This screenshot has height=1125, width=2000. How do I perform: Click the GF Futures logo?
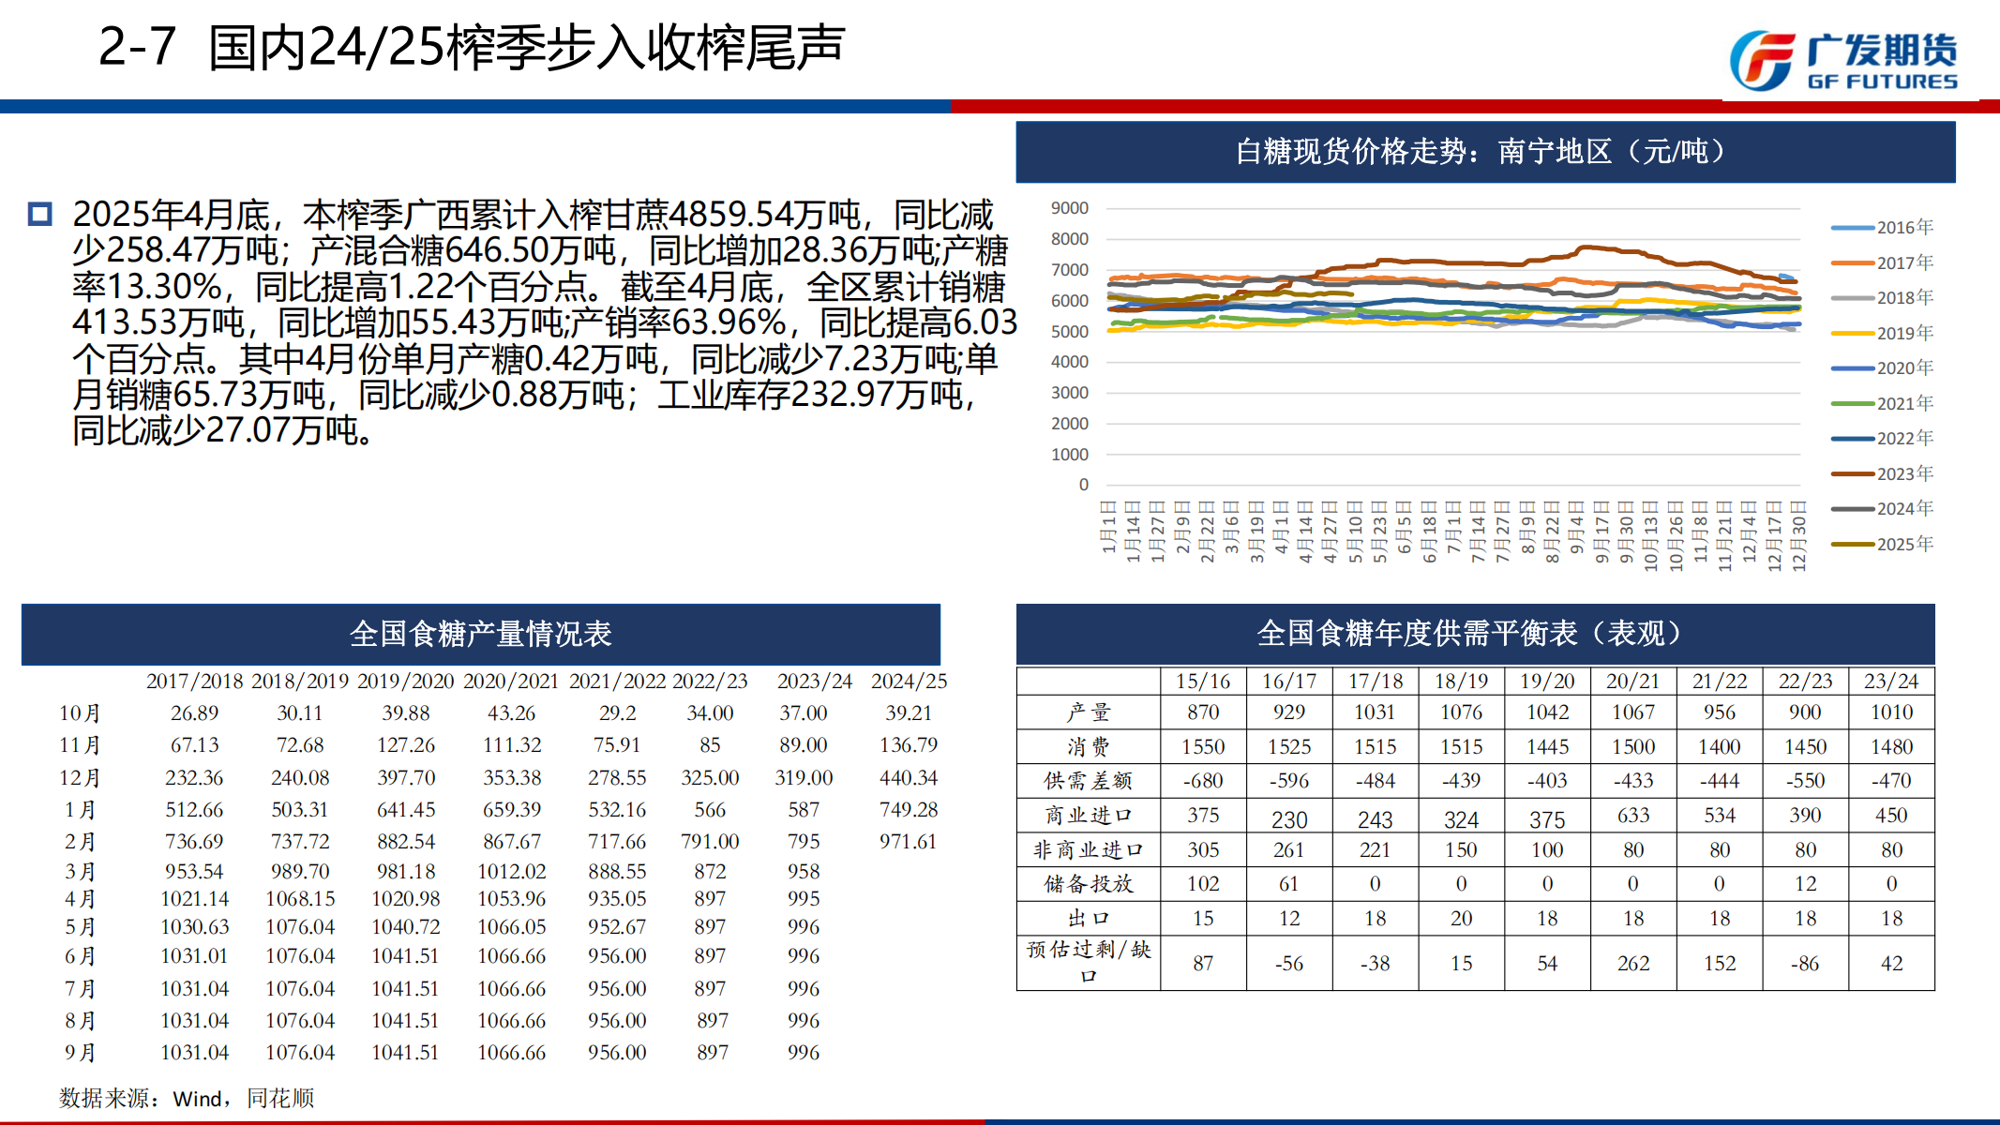coord(1843,61)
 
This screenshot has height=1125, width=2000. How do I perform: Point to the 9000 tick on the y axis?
coord(1070,208)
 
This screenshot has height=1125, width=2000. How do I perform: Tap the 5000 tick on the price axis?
coord(1070,332)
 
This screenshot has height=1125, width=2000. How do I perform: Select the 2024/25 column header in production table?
coord(909,682)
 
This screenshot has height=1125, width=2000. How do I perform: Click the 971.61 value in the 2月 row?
coord(908,842)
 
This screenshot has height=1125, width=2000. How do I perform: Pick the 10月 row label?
coord(80,713)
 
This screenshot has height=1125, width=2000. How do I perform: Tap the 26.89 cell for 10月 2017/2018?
coord(194,713)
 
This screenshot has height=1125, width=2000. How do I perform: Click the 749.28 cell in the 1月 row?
coord(908,810)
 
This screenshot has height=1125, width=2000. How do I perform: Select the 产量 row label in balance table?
coord(1088,712)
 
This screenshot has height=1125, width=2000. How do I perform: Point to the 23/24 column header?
coord(1891,682)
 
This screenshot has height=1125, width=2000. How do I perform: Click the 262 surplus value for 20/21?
coord(1633,964)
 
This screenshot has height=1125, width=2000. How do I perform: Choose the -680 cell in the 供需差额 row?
coord(1203,781)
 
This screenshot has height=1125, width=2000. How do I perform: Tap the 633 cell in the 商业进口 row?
coord(1633,816)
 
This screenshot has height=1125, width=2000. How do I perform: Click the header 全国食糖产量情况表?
coord(480,635)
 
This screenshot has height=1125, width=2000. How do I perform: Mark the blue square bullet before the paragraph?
coord(39,215)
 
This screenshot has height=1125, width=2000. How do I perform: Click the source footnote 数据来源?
coord(187,1098)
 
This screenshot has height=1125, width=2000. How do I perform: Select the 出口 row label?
coord(1088,919)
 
